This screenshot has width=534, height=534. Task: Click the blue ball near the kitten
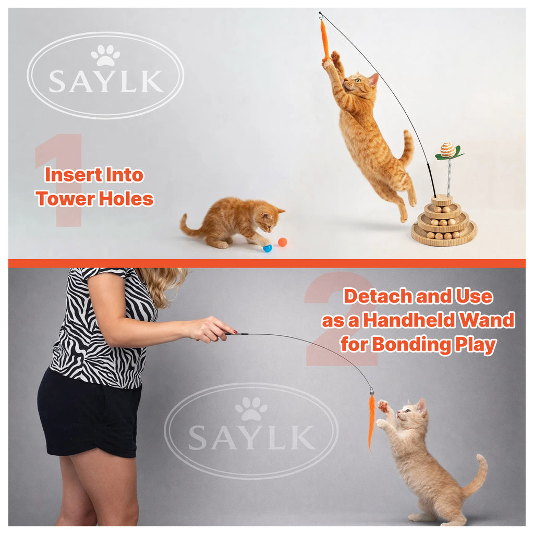click(268, 248)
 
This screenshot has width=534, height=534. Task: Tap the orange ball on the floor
click(282, 242)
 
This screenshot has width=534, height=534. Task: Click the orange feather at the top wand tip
click(324, 39)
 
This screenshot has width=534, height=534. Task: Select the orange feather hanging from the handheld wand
click(371, 420)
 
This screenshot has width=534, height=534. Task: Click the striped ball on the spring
click(447, 150)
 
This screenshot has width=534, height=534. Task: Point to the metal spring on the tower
click(448, 177)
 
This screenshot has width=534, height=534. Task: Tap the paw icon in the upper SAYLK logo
click(105, 55)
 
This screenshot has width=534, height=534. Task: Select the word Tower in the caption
click(67, 199)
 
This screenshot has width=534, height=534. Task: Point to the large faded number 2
click(339, 318)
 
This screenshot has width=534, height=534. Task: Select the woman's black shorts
click(89, 412)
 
